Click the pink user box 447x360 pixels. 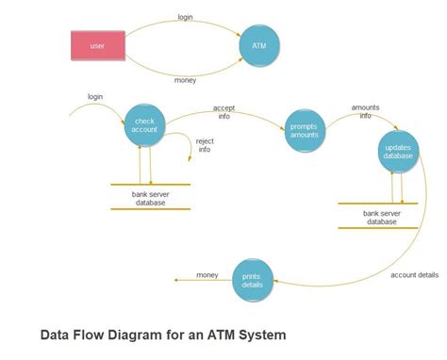point(97,44)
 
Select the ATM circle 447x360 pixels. point(258,45)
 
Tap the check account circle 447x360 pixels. point(145,125)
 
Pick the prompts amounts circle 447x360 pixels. point(305,130)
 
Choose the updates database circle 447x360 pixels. point(398,151)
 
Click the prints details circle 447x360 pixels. point(252,280)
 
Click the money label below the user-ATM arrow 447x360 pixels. point(186,81)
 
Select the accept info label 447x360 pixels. point(223,113)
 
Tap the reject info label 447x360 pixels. point(204,145)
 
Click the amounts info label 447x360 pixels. point(365,112)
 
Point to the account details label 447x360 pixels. point(414,275)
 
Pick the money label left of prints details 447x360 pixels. point(207,274)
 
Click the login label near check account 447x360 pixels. point(95,97)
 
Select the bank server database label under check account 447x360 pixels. point(149,198)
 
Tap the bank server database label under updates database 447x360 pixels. point(381,218)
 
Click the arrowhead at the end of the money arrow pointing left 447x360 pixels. point(176,281)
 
